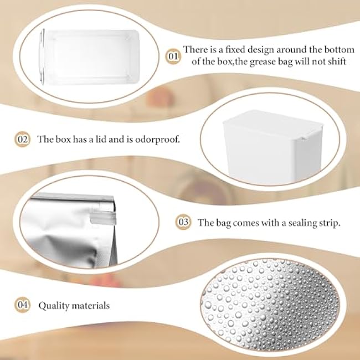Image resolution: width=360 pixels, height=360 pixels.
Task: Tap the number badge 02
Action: click(x=23, y=139)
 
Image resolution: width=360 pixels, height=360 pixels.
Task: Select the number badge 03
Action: click(x=183, y=223)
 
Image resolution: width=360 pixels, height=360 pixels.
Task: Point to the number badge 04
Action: click(x=23, y=305)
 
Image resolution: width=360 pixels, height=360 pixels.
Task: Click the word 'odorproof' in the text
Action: click(x=158, y=140)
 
